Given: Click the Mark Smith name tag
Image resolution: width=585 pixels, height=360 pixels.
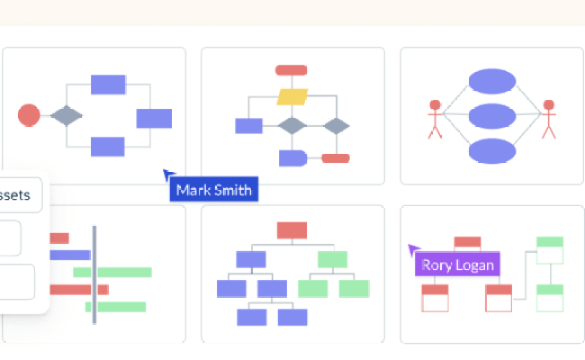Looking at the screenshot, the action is pyautogui.click(x=213, y=190).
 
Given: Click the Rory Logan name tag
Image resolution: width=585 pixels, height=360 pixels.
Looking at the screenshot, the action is pyautogui.click(x=456, y=265).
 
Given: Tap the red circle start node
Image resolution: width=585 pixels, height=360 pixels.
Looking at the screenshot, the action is pyautogui.click(x=29, y=115).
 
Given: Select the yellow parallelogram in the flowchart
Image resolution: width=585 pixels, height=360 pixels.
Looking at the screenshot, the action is pyautogui.click(x=292, y=97).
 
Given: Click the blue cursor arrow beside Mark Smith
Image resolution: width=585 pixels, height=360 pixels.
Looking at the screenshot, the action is pyautogui.click(x=168, y=175).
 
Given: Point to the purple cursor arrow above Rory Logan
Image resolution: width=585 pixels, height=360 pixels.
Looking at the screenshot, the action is pyautogui.click(x=414, y=250).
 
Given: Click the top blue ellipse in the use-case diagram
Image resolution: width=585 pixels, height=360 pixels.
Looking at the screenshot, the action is pyautogui.click(x=492, y=82).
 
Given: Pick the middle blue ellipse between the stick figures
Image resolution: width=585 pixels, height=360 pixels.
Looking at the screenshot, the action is pyautogui.click(x=492, y=116).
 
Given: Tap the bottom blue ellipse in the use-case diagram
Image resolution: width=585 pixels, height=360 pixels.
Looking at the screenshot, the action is pyautogui.click(x=492, y=150).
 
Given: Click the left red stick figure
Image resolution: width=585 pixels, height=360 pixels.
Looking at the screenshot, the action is pyautogui.click(x=436, y=118).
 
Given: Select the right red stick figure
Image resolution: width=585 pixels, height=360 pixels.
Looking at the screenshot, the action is pyautogui.click(x=548, y=118).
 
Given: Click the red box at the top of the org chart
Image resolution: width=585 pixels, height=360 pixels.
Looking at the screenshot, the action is pyautogui.click(x=292, y=230).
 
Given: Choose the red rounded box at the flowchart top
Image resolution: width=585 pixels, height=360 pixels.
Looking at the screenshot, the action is pyautogui.click(x=292, y=70).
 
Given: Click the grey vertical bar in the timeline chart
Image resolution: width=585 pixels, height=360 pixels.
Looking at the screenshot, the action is pyautogui.click(x=94, y=274).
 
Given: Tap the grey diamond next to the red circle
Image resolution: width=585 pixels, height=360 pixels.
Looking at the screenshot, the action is pyautogui.click(x=67, y=115).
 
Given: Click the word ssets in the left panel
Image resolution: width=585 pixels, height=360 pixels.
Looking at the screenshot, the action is pyautogui.click(x=17, y=194).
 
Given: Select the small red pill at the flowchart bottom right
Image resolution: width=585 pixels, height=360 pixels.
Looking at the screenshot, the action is pyautogui.click(x=336, y=158).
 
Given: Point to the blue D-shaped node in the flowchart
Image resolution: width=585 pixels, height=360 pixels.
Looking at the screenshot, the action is pyautogui.click(x=292, y=158).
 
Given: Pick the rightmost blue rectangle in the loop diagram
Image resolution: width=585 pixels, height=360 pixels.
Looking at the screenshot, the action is pyautogui.click(x=154, y=118).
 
